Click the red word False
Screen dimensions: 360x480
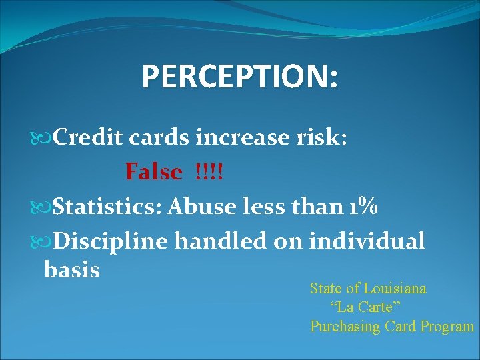tap(153, 172)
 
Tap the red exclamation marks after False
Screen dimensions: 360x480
tap(209, 172)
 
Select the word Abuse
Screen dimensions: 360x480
tap(200, 207)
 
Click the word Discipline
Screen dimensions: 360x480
tap(110, 241)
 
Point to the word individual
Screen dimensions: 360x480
tap(367, 241)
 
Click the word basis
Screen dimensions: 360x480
tap(71, 270)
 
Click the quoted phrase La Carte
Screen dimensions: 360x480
tap(365, 307)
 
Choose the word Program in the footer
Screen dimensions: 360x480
tap(447, 327)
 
